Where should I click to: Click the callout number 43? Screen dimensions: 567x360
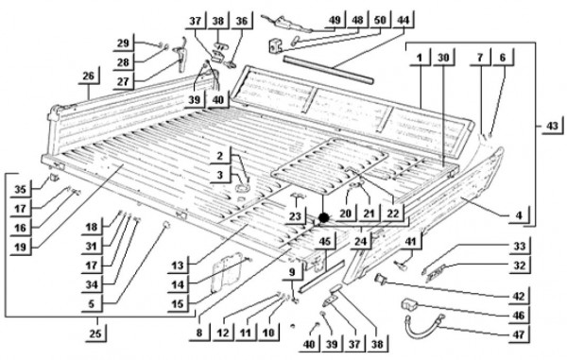coord(552,127)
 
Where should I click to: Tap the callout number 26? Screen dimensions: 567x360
coord(88,76)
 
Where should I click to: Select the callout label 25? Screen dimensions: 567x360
coord(95,333)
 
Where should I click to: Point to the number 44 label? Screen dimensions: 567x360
coord(403,20)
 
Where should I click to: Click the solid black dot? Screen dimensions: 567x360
coord(323,218)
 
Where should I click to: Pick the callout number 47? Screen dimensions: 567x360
coord(519,334)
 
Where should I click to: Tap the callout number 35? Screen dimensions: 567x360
coord(20,189)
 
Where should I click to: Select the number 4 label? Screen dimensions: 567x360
coord(519,215)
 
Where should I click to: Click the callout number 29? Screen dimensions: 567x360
coord(123,43)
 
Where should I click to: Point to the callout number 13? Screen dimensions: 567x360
coord(178,266)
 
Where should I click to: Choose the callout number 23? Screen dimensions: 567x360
coord(295,216)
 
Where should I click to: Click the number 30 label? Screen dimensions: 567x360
coord(443,58)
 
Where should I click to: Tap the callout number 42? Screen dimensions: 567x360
coord(519,296)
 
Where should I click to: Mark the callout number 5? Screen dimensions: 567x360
coord(92,304)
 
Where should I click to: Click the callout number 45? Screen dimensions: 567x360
coord(325,241)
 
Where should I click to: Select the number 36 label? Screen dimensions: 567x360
coord(242,21)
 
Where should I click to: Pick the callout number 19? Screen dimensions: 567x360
coord(20,247)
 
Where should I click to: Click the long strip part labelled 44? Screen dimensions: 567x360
coord(328,70)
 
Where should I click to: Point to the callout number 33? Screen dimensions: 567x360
coord(519,247)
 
